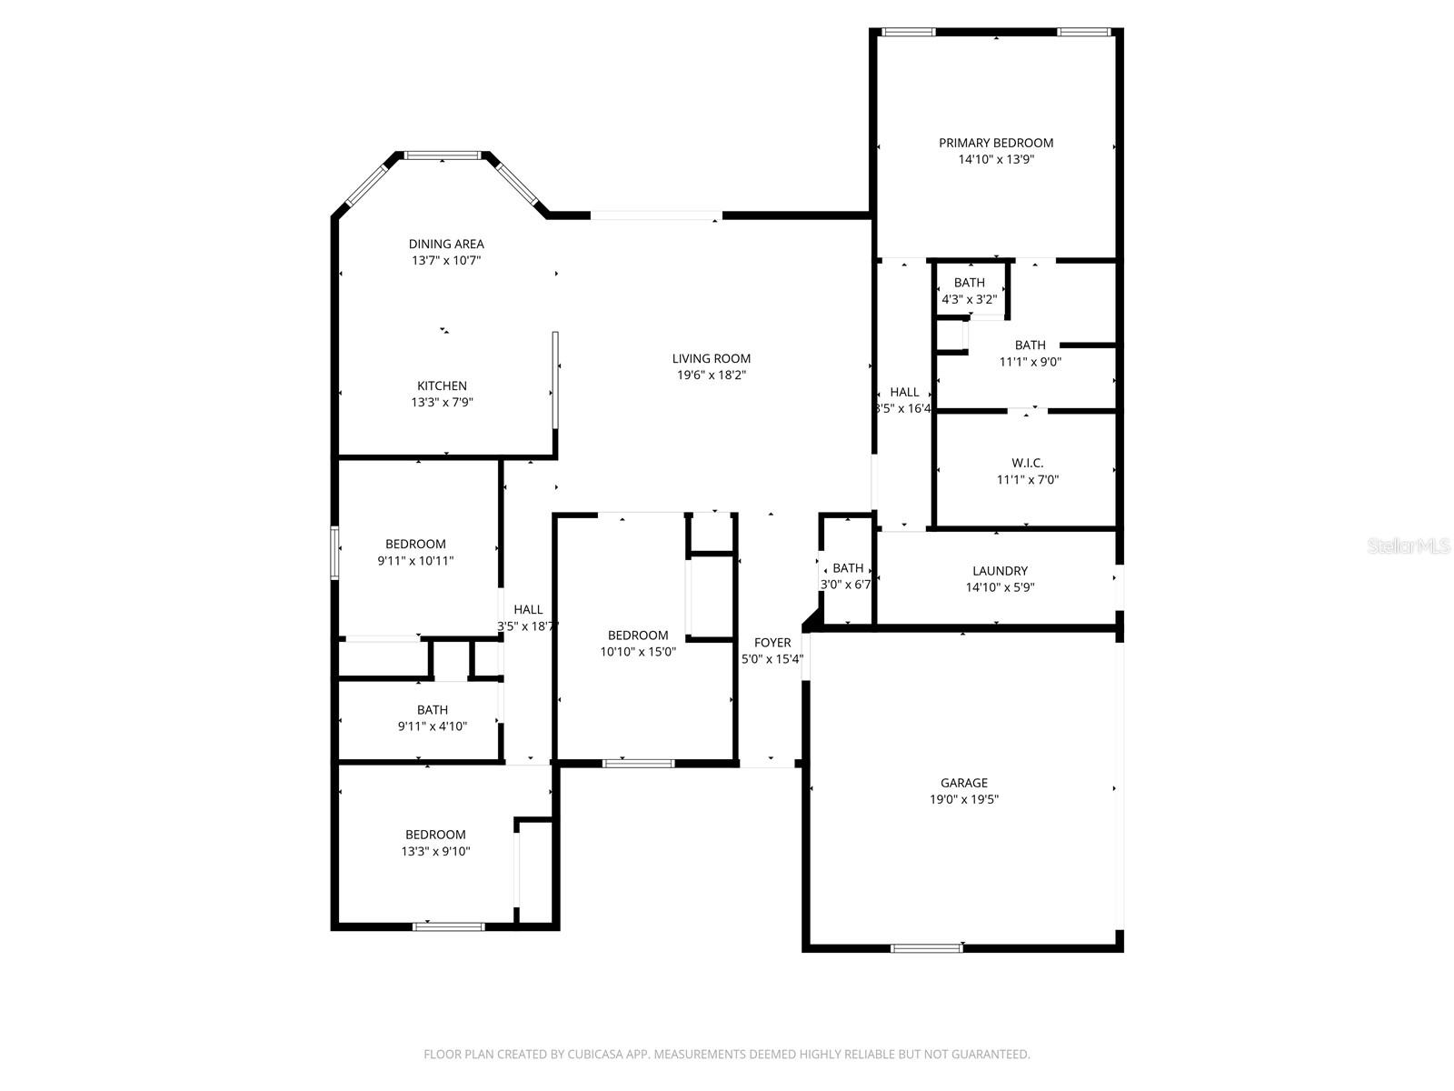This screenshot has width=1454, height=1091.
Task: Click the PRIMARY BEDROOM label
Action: click(995, 143)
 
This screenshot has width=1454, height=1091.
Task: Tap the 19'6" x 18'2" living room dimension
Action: click(712, 375)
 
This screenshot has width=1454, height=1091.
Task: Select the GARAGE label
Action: click(963, 783)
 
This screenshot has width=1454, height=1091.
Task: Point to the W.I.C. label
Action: click(1027, 463)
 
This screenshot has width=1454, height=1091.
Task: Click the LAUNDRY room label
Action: click(1000, 571)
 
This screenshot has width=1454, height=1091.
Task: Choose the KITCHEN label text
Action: click(442, 385)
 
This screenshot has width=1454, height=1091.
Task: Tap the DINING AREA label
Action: click(445, 244)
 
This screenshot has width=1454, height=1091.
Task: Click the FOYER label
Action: click(772, 643)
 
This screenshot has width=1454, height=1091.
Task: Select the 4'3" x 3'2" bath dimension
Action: click(969, 298)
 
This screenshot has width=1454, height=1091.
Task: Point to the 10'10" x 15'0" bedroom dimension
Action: click(638, 652)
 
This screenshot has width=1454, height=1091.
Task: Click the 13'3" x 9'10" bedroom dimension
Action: click(435, 851)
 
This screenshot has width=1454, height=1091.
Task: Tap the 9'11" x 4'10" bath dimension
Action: click(432, 726)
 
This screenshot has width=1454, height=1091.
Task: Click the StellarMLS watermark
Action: click(1408, 545)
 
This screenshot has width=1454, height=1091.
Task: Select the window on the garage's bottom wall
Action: click(926, 948)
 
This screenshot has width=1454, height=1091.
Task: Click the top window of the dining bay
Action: click(443, 155)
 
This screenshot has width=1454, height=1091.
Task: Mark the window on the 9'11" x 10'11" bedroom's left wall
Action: click(334, 552)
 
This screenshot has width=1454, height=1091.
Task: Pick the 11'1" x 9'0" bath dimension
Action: click(1030, 361)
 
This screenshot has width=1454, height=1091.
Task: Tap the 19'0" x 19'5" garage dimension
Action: click(963, 799)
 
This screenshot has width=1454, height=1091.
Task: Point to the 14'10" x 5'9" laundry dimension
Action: click(1000, 587)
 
